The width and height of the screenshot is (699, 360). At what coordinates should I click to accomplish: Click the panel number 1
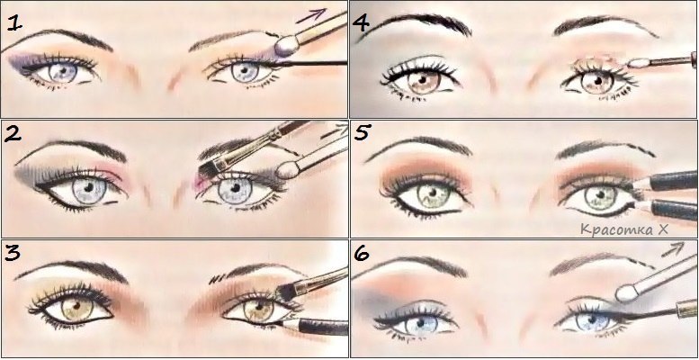pos(14,22)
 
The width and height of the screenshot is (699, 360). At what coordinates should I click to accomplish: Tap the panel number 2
pos(13,134)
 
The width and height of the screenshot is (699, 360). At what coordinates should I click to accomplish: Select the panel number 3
pos(13,253)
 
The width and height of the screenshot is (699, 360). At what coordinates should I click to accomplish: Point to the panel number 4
pos(361,22)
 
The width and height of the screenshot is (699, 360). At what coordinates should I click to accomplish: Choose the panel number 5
pos(363,132)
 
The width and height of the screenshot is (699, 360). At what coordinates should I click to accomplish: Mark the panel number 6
pos(361,255)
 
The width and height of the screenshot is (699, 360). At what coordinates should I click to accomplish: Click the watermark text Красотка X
pos(624,229)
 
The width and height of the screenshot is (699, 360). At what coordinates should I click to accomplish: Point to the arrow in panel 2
pos(335,130)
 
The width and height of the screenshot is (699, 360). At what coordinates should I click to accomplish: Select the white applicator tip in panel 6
pos(627,293)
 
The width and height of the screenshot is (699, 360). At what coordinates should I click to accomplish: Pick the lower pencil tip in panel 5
pos(642,206)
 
